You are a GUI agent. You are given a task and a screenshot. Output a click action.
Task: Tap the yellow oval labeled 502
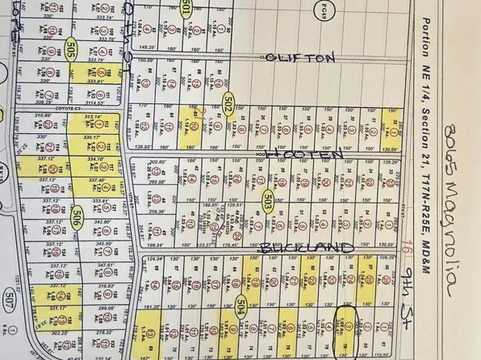(228, 104)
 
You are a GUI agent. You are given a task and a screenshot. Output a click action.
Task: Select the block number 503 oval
(266, 200)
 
